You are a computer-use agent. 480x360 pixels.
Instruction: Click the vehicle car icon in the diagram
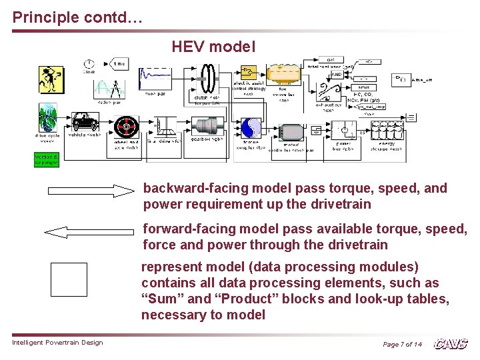pyautogui.click(x=85, y=123)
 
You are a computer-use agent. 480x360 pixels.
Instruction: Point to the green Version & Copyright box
pyautogui.click(x=47, y=159)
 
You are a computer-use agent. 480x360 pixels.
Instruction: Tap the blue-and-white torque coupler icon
pyautogui.click(x=251, y=129)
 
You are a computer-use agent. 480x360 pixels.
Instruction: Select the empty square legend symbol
pyautogui.click(x=69, y=279)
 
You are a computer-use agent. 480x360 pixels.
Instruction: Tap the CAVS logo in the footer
pyautogui.click(x=451, y=344)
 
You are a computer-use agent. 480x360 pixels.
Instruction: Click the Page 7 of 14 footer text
pyautogui.click(x=402, y=344)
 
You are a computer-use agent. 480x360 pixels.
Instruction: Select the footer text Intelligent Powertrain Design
pyautogui.click(x=57, y=343)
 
